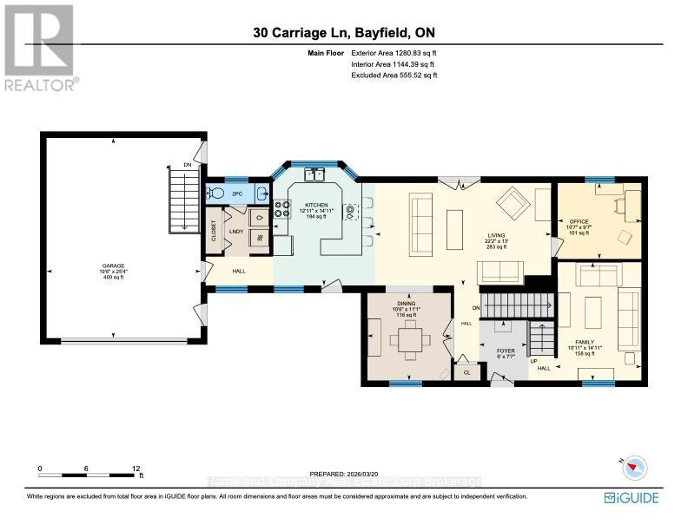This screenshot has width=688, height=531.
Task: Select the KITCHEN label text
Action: [316, 205]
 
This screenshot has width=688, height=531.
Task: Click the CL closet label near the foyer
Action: [466, 372]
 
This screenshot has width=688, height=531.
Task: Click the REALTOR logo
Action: [39, 48]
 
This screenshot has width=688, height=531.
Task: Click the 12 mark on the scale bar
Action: [136, 469]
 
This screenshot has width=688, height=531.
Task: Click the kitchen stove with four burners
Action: [282, 208]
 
